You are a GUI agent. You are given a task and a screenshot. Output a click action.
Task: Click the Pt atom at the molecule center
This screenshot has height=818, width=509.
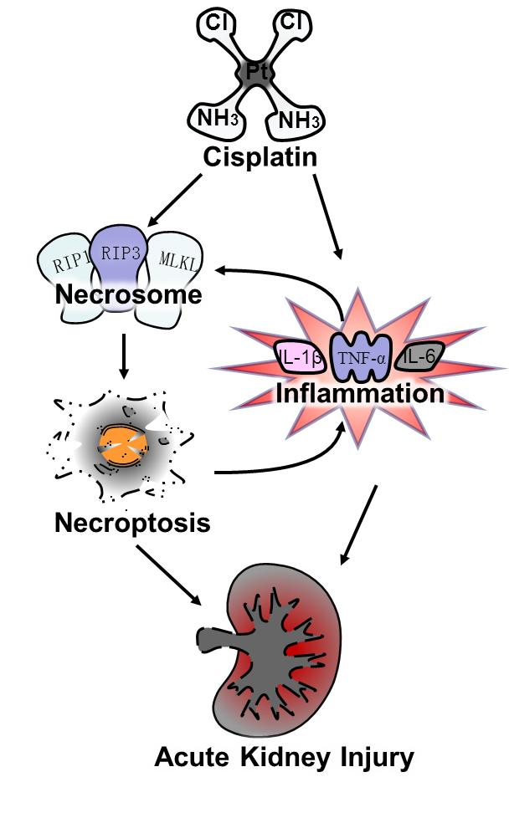pos(256,73)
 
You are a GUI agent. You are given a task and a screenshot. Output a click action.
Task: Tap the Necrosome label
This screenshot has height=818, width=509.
pos(129,294)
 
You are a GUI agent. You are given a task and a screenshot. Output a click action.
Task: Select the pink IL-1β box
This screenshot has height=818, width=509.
pos(301,360)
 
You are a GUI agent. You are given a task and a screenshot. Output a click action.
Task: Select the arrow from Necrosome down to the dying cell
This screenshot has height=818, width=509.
pos(123,355)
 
